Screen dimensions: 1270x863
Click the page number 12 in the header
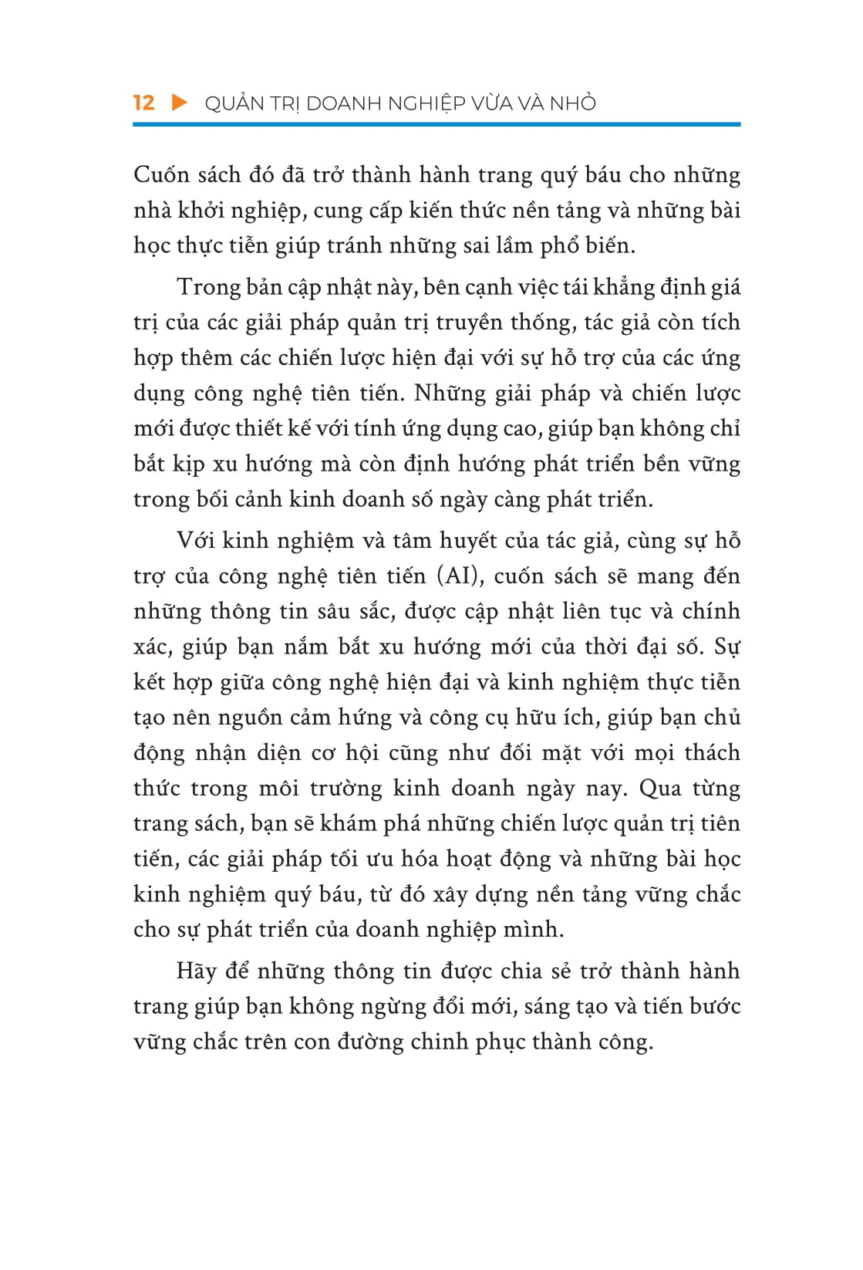pos(143,103)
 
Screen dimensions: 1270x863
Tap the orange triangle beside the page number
pos(180,103)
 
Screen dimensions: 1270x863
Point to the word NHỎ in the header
pos(573,103)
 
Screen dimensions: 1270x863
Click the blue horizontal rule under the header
pos(437,123)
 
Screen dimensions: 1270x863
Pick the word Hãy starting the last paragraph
pos(196,971)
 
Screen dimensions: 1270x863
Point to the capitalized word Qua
pos(660,789)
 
